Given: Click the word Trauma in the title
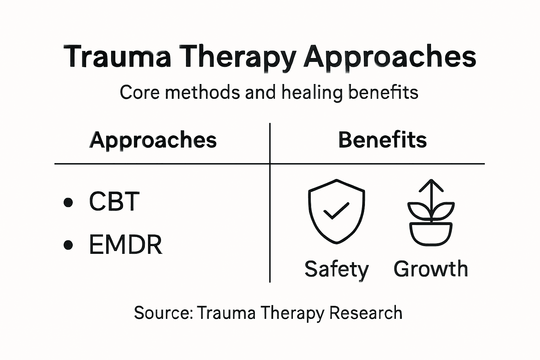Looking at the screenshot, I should (117, 56).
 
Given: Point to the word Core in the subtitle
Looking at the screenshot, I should (140, 92).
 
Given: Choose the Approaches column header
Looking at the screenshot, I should (153, 140).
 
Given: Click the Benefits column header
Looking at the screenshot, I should (382, 140).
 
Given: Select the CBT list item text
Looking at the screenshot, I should (114, 201).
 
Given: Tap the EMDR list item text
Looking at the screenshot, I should (126, 245).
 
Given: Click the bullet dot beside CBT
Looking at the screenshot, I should (69, 202).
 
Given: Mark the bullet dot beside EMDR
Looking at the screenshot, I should (69, 245).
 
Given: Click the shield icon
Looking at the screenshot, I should (336, 211).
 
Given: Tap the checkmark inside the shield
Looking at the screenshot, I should (336, 211).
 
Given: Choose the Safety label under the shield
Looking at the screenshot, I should (336, 269).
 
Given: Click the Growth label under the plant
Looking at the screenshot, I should (431, 269).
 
